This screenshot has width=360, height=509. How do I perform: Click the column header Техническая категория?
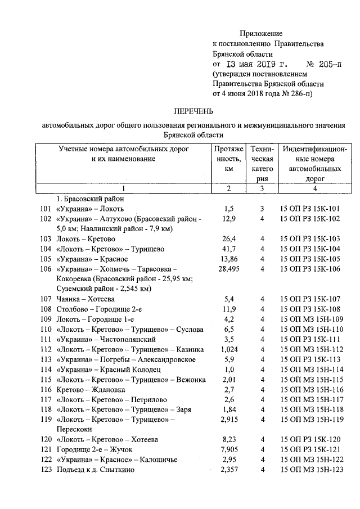262,164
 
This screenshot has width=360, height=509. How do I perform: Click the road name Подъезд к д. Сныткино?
95,470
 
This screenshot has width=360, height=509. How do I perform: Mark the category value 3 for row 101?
262,209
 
